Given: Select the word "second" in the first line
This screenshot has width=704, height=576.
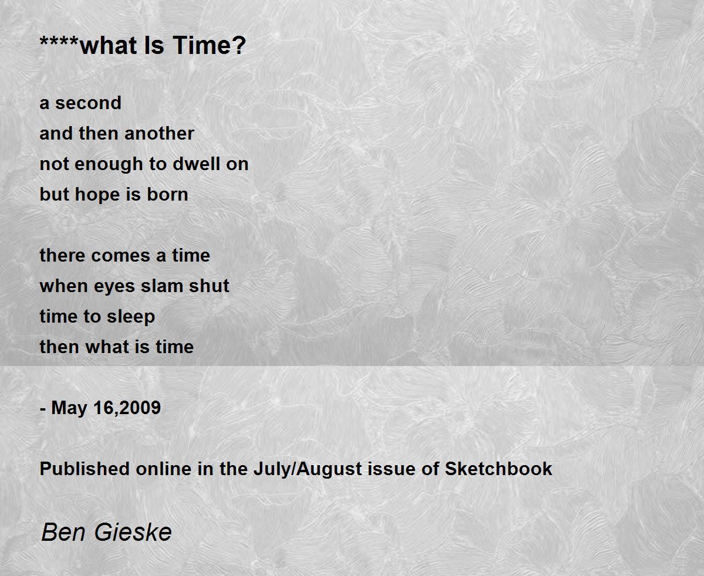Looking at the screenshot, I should coord(89,103).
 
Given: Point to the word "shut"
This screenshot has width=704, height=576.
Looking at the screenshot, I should coord(209,286).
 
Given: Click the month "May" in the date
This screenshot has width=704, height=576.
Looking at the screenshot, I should coord(69,408).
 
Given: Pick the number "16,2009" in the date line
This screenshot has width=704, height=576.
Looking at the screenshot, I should coord(127,408).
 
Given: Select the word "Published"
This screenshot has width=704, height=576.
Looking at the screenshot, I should coord(84,469).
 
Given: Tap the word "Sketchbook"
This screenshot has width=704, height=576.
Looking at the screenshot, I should coord(499,469).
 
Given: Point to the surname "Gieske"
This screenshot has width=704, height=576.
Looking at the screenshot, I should coord(133,533).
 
